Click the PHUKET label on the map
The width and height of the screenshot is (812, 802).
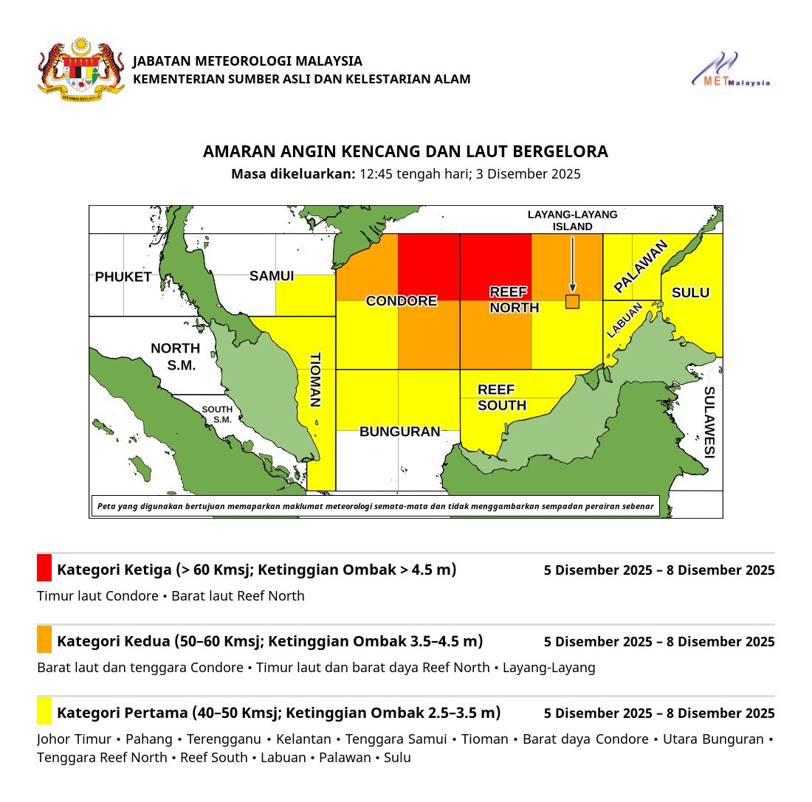point(123,277)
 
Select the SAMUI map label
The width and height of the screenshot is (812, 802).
point(272,276)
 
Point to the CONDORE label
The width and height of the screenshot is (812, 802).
point(402,301)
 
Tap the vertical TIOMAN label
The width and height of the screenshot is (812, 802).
point(315,379)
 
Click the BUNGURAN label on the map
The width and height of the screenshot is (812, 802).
point(399,432)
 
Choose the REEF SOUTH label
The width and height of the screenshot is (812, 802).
point(502,397)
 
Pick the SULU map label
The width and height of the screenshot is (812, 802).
point(690,293)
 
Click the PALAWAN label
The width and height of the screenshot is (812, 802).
point(641,266)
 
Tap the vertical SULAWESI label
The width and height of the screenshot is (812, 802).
point(709,422)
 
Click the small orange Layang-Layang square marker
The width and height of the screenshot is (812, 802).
point(572,301)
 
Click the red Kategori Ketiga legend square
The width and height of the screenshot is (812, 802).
point(44,568)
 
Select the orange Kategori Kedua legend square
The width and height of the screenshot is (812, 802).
point(44,640)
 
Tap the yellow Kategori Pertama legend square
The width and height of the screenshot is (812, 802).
point(44,711)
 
